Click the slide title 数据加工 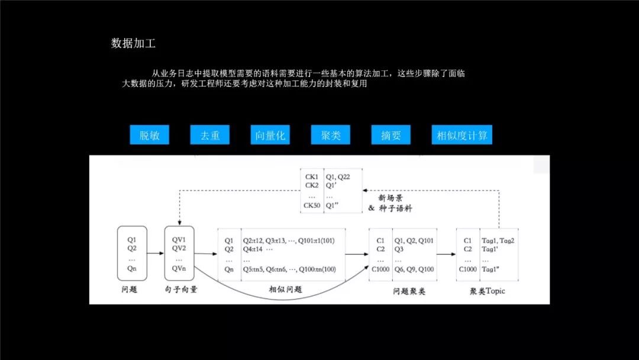click(134, 43)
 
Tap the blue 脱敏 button click(149, 135)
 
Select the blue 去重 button click(209, 135)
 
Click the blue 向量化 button click(270, 135)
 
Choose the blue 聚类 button click(331, 135)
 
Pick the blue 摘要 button click(391, 135)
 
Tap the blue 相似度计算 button click(461, 135)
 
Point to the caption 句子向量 click(181, 290)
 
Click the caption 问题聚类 click(409, 291)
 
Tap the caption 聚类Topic click(487, 291)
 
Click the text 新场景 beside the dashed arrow click(390, 198)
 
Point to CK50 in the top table click(311, 205)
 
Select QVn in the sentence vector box click(179, 268)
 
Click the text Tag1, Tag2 click(498, 240)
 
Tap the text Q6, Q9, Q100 click(414, 269)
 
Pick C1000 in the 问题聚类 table click(380, 269)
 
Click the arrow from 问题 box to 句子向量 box click(156, 253)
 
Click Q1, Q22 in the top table click(338, 176)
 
